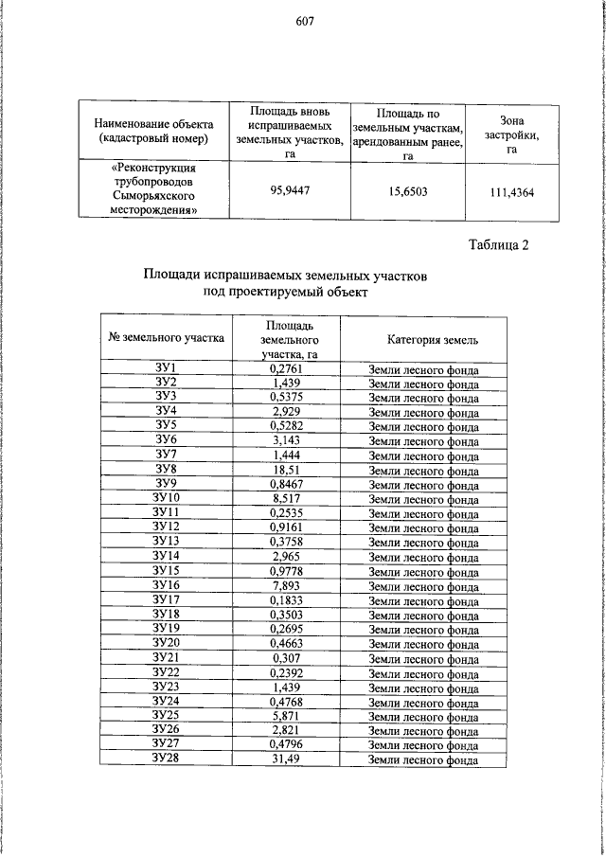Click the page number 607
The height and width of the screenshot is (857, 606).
coord(304,22)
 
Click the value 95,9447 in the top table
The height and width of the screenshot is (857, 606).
coord(290,189)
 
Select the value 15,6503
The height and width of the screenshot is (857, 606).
coord(408,190)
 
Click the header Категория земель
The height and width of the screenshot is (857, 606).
coord(424,338)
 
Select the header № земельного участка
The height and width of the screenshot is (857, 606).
coord(167,336)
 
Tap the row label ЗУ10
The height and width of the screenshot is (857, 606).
coord(167,498)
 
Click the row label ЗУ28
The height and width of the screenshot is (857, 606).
coord(167,759)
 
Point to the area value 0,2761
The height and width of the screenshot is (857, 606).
coord(286,368)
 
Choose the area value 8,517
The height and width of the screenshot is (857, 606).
coord(286,498)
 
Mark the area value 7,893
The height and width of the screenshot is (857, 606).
coord(286,585)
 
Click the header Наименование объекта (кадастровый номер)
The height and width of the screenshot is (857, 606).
coord(154,132)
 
